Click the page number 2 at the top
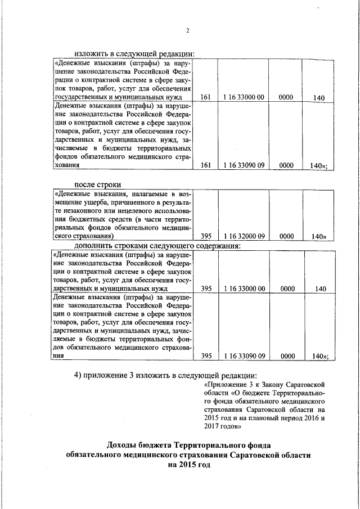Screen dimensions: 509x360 click(188, 30)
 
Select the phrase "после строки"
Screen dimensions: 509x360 click(98, 184)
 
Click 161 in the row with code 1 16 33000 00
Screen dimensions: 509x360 click(205, 97)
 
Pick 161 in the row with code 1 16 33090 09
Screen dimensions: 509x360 click(205, 165)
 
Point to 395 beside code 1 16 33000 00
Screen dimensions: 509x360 click(206, 289)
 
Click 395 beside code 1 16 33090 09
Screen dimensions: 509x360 click(206, 356)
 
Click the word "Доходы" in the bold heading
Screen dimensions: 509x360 click(126, 442)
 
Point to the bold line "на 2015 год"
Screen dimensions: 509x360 click(188, 465)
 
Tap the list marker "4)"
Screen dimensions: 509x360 click(79, 376)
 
